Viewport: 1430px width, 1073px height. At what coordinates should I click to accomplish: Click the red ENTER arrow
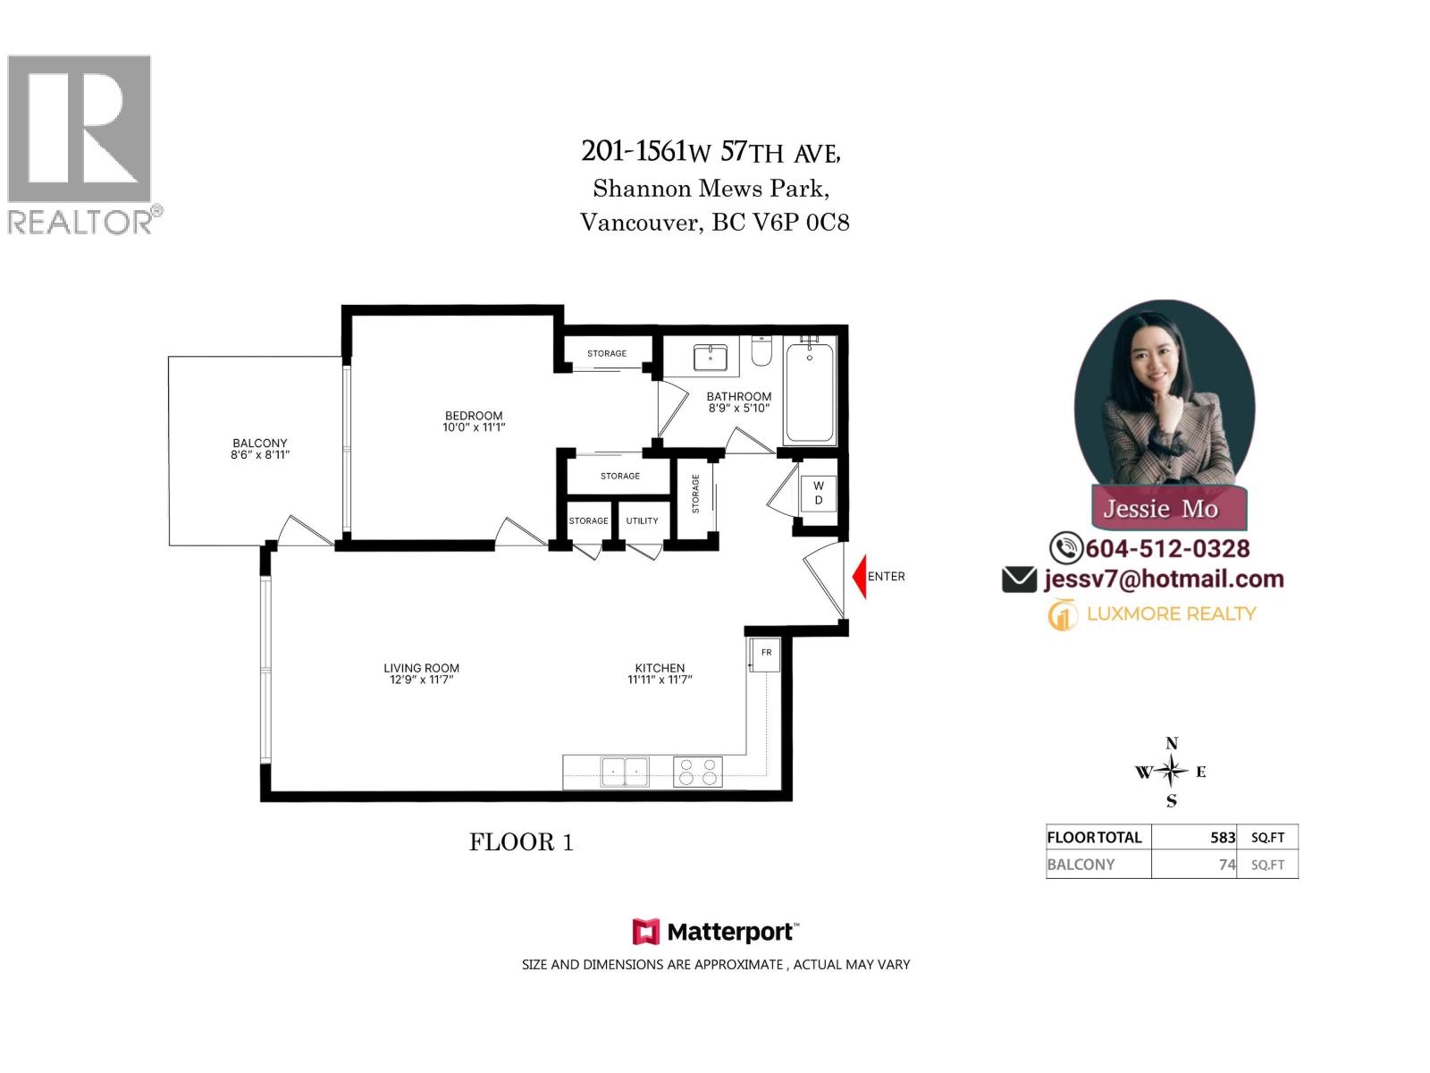coord(859,577)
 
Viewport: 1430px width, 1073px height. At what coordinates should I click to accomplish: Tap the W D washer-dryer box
coord(818,493)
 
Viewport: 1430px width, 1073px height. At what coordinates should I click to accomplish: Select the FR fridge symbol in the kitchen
coord(766,654)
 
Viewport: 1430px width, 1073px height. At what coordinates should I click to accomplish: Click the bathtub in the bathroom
coord(810,393)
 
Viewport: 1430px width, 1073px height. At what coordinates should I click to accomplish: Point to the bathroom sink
coord(711,358)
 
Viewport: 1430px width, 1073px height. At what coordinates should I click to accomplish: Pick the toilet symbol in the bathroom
coord(761,351)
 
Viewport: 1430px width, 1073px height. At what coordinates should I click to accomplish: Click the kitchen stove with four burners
coord(697,772)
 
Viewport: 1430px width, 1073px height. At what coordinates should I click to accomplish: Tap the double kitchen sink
coord(625,771)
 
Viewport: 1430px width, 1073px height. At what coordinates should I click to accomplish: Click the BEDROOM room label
coord(474,421)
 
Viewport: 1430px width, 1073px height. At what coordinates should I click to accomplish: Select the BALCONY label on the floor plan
coord(260,448)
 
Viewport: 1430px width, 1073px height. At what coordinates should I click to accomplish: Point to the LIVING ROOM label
coord(421,673)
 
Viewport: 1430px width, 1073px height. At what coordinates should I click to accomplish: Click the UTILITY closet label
coord(642,520)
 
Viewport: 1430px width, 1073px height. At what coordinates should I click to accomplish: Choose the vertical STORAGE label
coord(695,494)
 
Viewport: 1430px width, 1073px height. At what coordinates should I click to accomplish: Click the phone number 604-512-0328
coord(1167,548)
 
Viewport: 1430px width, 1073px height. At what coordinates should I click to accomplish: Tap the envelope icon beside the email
coord(1019,579)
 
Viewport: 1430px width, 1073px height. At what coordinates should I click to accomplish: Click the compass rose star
coord(1172,771)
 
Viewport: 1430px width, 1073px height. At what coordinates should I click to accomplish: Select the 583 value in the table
coord(1222,838)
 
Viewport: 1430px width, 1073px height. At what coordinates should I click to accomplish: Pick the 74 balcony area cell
coord(1226,865)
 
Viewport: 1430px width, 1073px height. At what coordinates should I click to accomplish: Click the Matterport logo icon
coord(645,932)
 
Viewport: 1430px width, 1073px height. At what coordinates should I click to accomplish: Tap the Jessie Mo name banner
coord(1160,508)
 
